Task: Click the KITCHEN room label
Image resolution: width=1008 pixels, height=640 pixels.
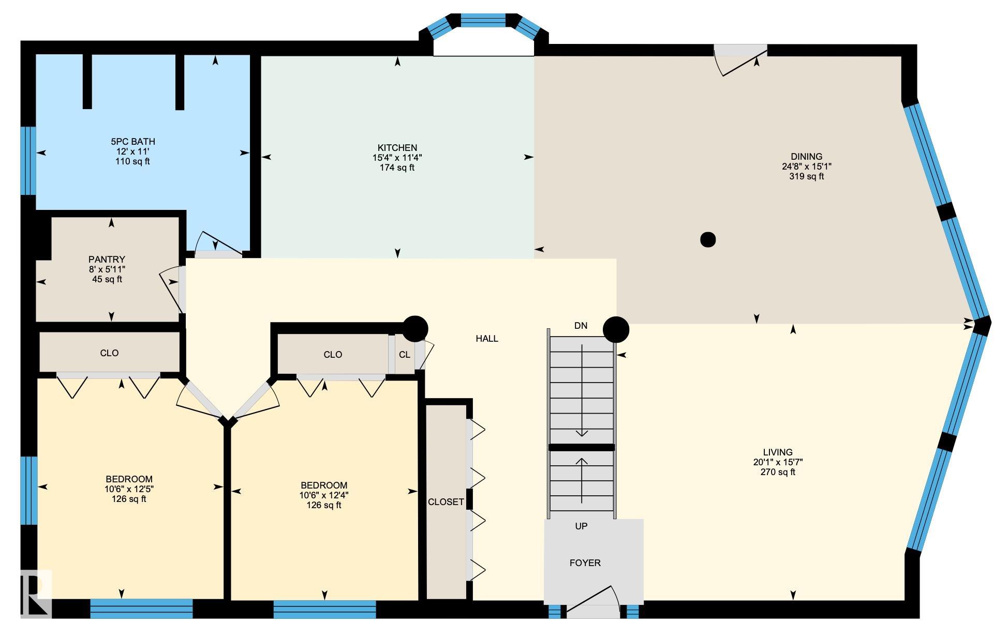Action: [x=397, y=148]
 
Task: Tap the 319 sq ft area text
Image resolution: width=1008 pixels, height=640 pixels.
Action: [x=806, y=176]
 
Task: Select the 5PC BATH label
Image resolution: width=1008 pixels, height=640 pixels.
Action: [x=132, y=142]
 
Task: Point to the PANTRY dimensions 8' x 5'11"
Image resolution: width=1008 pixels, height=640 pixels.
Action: [x=107, y=269]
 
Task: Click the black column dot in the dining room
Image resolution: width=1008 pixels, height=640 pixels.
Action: [x=708, y=239]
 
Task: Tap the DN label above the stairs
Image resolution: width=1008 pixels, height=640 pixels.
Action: [x=581, y=326]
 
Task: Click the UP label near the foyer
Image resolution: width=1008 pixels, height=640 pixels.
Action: [x=581, y=526]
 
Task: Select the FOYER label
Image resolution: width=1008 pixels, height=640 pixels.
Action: [x=585, y=563]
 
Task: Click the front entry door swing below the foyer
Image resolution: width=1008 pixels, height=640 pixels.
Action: [x=593, y=602]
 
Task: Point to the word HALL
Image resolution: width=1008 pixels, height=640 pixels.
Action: [x=487, y=339]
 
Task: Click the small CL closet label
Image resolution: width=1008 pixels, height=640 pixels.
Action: [x=404, y=355]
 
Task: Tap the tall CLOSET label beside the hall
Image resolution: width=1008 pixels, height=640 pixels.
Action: [x=446, y=502]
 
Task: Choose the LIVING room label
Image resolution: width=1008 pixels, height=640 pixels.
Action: [x=777, y=452]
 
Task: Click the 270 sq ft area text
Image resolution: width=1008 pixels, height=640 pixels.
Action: [x=777, y=472]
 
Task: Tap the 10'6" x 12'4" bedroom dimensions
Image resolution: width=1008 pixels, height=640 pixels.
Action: [x=324, y=495]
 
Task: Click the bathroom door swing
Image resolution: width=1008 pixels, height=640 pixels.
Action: [x=217, y=244]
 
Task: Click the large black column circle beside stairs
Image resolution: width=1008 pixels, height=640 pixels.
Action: [x=616, y=329]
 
